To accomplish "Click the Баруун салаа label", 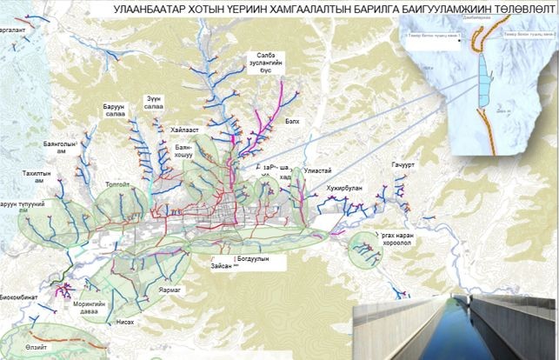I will click(112, 112).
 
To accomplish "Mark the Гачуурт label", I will click(404, 165).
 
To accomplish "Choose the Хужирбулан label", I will click(346, 185).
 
